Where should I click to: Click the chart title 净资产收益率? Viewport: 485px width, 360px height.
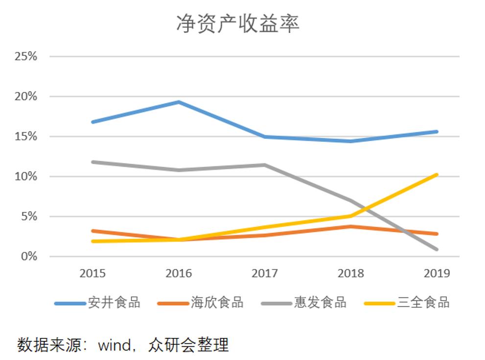[x=238, y=23]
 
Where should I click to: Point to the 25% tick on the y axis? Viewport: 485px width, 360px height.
[x=26, y=56]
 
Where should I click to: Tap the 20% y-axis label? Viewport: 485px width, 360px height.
[x=26, y=96]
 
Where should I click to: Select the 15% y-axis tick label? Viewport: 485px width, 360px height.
[x=26, y=136]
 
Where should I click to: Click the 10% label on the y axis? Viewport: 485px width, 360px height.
[x=26, y=176]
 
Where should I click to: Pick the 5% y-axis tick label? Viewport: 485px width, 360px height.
[x=29, y=216]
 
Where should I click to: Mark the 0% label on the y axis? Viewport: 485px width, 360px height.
[x=29, y=256]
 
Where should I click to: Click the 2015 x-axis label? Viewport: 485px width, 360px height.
[x=92, y=273]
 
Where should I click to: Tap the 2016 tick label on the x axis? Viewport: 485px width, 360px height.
[x=179, y=273]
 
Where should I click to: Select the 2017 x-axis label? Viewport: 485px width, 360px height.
[x=265, y=273]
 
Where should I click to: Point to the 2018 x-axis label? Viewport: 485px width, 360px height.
[x=351, y=273]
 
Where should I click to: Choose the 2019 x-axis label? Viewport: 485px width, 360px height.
[x=437, y=273]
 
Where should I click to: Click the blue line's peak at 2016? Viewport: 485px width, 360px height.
[x=179, y=102]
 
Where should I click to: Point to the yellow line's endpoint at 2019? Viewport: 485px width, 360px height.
[x=437, y=175]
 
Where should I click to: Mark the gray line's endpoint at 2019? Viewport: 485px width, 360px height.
[x=437, y=249]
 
